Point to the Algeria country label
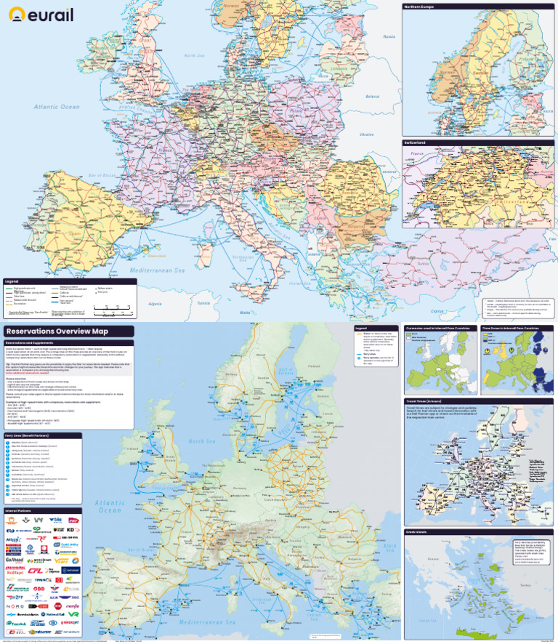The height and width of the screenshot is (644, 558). (x=155, y=303)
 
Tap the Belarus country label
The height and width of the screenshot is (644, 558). (x=373, y=95)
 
